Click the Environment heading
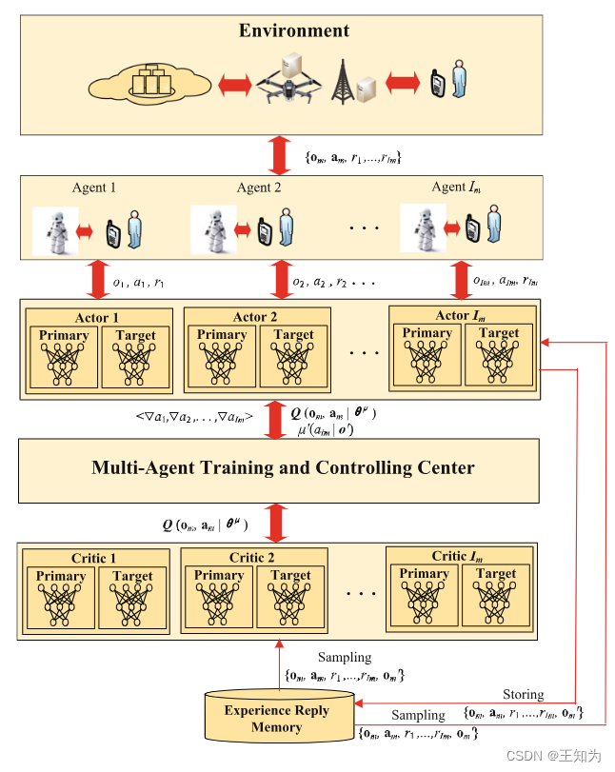pos(294,31)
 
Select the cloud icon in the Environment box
pos(147,84)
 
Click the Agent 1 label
pos(93,187)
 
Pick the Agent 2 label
pos(259,188)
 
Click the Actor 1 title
pos(97,318)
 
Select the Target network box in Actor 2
pos(293,357)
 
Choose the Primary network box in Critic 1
pos(62,598)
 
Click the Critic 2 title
pos(252,558)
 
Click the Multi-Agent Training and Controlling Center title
pos(283,467)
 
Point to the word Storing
pos(523,694)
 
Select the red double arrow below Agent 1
pos(98,280)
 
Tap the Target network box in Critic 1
pos(132,598)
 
